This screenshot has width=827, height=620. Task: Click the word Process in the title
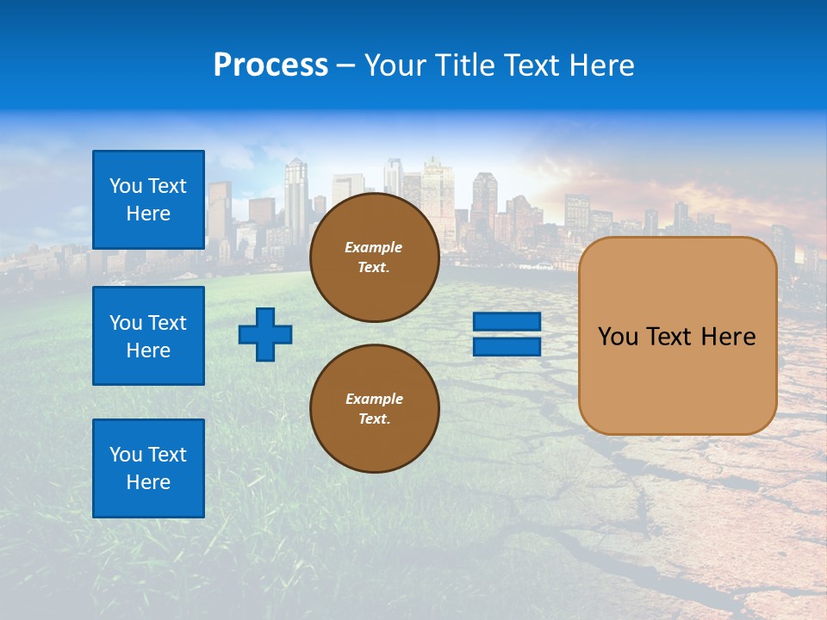tap(270, 65)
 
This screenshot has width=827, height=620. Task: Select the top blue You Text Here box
tap(148, 200)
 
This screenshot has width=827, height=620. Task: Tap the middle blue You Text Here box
tap(148, 336)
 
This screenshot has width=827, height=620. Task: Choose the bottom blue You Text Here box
tap(148, 468)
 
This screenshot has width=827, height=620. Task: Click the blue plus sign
tap(265, 334)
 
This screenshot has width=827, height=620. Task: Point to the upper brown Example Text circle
tap(374, 257)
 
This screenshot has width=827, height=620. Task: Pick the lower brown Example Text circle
tap(374, 408)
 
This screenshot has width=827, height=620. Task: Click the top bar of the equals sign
tap(507, 322)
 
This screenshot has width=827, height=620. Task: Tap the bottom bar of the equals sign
tap(507, 346)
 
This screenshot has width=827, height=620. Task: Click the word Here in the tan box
tap(728, 337)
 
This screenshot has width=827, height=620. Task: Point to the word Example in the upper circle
tap(374, 247)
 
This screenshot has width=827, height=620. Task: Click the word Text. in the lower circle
tap(374, 419)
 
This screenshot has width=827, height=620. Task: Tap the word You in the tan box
tap(618, 337)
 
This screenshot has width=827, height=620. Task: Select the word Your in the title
tap(395, 65)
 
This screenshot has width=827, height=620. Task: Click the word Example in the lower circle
tap(374, 399)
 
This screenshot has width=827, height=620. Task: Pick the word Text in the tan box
tap(669, 337)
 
